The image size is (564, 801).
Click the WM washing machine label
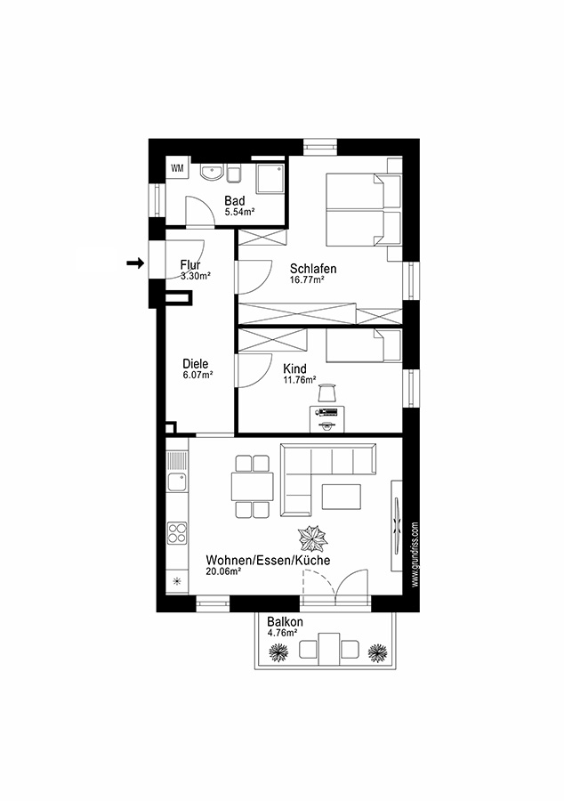tap(177, 167)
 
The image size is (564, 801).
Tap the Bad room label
tap(234, 201)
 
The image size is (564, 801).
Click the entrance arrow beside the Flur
tap(135, 263)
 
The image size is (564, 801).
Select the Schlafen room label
tap(313, 268)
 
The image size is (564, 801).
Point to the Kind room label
tap(294, 368)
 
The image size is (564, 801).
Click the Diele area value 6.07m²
tap(197, 375)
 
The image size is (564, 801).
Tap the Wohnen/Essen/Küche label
tap(268, 560)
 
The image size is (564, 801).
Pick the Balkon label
tap(286, 622)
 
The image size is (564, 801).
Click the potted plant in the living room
tap(314, 540)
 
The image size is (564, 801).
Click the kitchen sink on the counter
tap(176, 481)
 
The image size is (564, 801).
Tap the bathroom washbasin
tap(213, 172)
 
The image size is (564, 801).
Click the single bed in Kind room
tap(363, 346)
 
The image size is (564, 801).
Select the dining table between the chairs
tap(252, 487)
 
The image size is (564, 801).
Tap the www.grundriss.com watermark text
tap(415, 554)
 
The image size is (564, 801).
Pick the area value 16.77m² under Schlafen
tap(306, 279)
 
